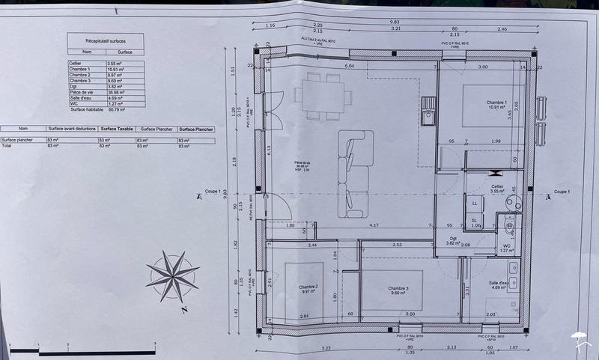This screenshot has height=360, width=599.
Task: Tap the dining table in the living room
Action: pyautogui.click(x=323, y=95)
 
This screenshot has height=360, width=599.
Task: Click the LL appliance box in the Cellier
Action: pyautogui.click(x=475, y=203)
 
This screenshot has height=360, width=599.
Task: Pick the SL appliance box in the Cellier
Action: pyautogui.click(x=475, y=220)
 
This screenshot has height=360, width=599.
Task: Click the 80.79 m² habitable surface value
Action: pyautogui.click(x=118, y=109)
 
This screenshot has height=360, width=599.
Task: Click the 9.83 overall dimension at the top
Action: pyautogui.click(x=394, y=22)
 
